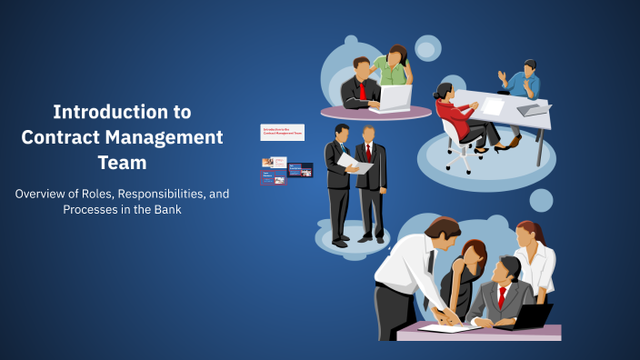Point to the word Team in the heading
122,162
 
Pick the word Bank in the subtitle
165,209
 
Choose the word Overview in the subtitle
44,193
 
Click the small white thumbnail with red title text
282,132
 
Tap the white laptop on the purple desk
395,97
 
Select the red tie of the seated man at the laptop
362,91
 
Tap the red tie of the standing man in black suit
368,151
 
